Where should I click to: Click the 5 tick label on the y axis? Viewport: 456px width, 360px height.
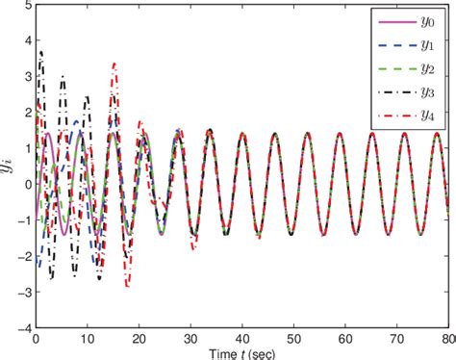[27, 6]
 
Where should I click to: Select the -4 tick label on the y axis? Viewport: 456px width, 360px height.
[24, 327]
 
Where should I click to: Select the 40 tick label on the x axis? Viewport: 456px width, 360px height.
[242, 339]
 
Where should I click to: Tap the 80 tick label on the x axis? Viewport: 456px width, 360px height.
[447, 339]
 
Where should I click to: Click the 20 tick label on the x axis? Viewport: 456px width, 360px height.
[139, 339]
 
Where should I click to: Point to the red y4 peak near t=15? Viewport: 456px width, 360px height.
[114, 64]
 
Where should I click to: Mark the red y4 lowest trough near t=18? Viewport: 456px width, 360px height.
[127, 286]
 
